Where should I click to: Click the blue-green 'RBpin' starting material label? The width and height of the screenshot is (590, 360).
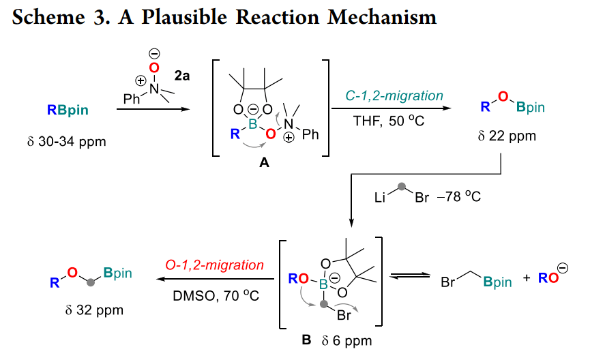click(x=68, y=110)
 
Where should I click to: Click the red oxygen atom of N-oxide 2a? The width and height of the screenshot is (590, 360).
click(x=154, y=67)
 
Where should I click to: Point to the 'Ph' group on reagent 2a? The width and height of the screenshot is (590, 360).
click(x=132, y=100)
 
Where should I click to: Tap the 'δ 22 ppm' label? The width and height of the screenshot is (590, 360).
click(x=507, y=136)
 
